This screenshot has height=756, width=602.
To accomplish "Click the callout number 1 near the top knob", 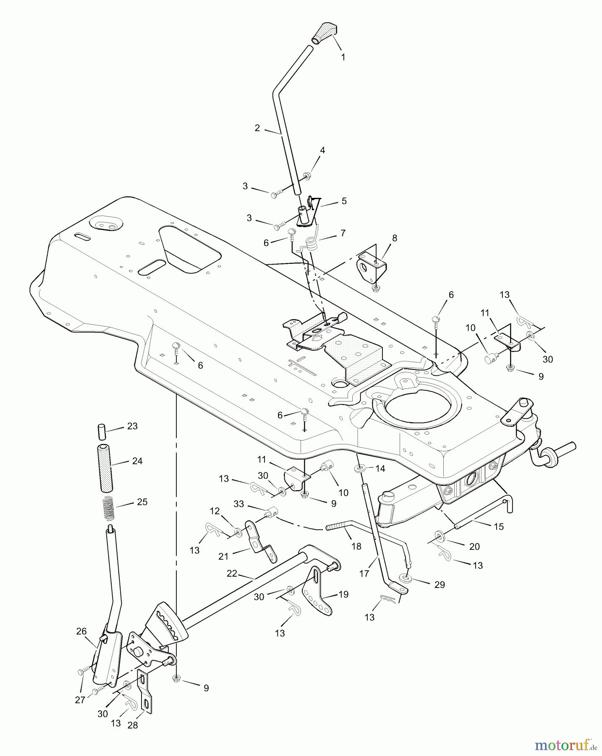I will click(x=343, y=57).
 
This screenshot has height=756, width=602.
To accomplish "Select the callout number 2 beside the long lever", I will click(x=257, y=128).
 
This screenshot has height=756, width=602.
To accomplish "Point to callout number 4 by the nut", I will click(x=322, y=150).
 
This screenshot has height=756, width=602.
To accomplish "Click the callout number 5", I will click(x=344, y=201).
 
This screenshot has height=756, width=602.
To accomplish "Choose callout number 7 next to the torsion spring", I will click(x=343, y=233).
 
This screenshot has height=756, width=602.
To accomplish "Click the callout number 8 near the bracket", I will click(x=394, y=238).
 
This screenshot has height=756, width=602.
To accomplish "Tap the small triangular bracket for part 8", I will click(x=372, y=267).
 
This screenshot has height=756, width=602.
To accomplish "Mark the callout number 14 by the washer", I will click(x=380, y=468).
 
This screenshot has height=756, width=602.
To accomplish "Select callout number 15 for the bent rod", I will click(x=498, y=526).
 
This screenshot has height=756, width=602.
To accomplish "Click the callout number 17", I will click(x=364, y=573).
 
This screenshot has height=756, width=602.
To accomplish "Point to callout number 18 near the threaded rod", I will click(x=356, y=546).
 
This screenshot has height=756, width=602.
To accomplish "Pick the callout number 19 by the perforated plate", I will click(x=343, y=595).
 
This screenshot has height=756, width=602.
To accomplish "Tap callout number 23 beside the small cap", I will click(x=132, y=426).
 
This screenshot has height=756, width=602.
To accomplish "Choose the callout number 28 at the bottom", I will click(x=133, y=725).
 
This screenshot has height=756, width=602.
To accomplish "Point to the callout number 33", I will click(x=239, y=504).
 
